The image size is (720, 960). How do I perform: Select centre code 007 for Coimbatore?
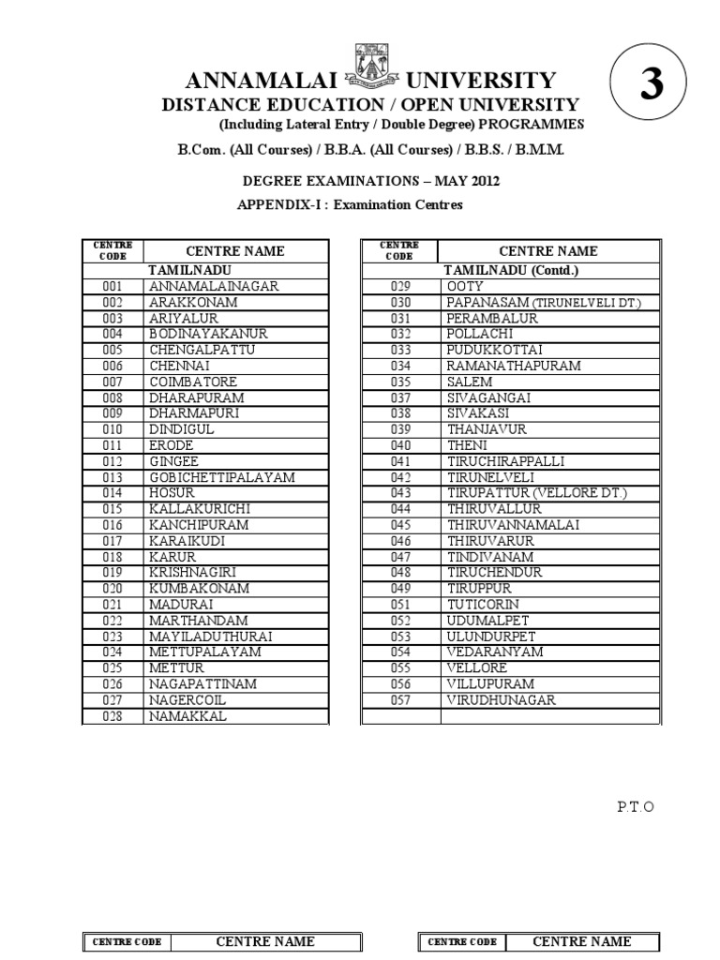click(x=113, y=382)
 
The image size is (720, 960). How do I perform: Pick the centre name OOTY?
click(x=465, y=286)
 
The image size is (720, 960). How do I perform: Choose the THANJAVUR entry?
click(x=487, y=429)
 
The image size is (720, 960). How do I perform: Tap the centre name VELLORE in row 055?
click(x=477, y=667)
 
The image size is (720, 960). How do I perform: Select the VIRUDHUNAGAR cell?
click(x=502, y=699)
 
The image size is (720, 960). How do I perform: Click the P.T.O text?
click(x=634, y=806)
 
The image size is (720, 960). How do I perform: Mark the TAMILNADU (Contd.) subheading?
click(x=511, y=271)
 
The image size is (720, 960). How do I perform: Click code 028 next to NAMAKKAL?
click(x=113, y=716)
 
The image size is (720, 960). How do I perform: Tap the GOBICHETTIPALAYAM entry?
click(x=222, y=477)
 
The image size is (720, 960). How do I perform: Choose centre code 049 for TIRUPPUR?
click(x=401, y=589)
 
